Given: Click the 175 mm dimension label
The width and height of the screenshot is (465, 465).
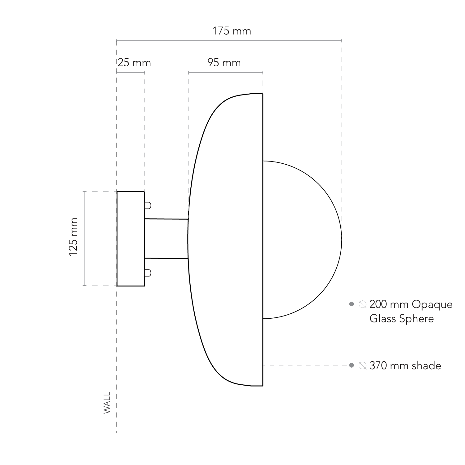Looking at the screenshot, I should [232, 31].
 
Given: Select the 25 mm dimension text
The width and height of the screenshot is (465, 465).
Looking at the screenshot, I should [134, 63].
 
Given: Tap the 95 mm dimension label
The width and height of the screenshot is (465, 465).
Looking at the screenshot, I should [224, 63].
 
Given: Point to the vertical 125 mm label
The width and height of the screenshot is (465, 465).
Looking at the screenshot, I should [73, 237].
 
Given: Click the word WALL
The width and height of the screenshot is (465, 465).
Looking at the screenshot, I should [107, 403].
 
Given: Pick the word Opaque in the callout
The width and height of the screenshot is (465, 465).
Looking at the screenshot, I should [432, 305].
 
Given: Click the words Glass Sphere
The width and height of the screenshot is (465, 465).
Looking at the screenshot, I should [401, 319].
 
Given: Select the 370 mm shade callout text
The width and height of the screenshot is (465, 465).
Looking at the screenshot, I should [405, 366].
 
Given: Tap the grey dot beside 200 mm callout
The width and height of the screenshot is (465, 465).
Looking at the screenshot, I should [352, 304].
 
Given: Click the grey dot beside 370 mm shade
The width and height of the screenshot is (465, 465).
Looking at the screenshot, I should [352, 365].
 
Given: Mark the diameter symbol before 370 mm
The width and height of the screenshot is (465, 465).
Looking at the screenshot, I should [362, 366].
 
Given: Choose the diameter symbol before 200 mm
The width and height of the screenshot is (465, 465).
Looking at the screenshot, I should [362, 304].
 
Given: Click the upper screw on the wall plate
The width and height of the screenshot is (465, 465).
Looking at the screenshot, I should [148, 205].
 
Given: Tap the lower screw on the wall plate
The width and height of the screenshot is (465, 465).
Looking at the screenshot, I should [148, 273].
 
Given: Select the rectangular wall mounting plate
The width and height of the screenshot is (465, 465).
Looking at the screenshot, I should [131, 239].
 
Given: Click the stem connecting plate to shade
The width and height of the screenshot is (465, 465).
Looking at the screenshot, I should [166, 239].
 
